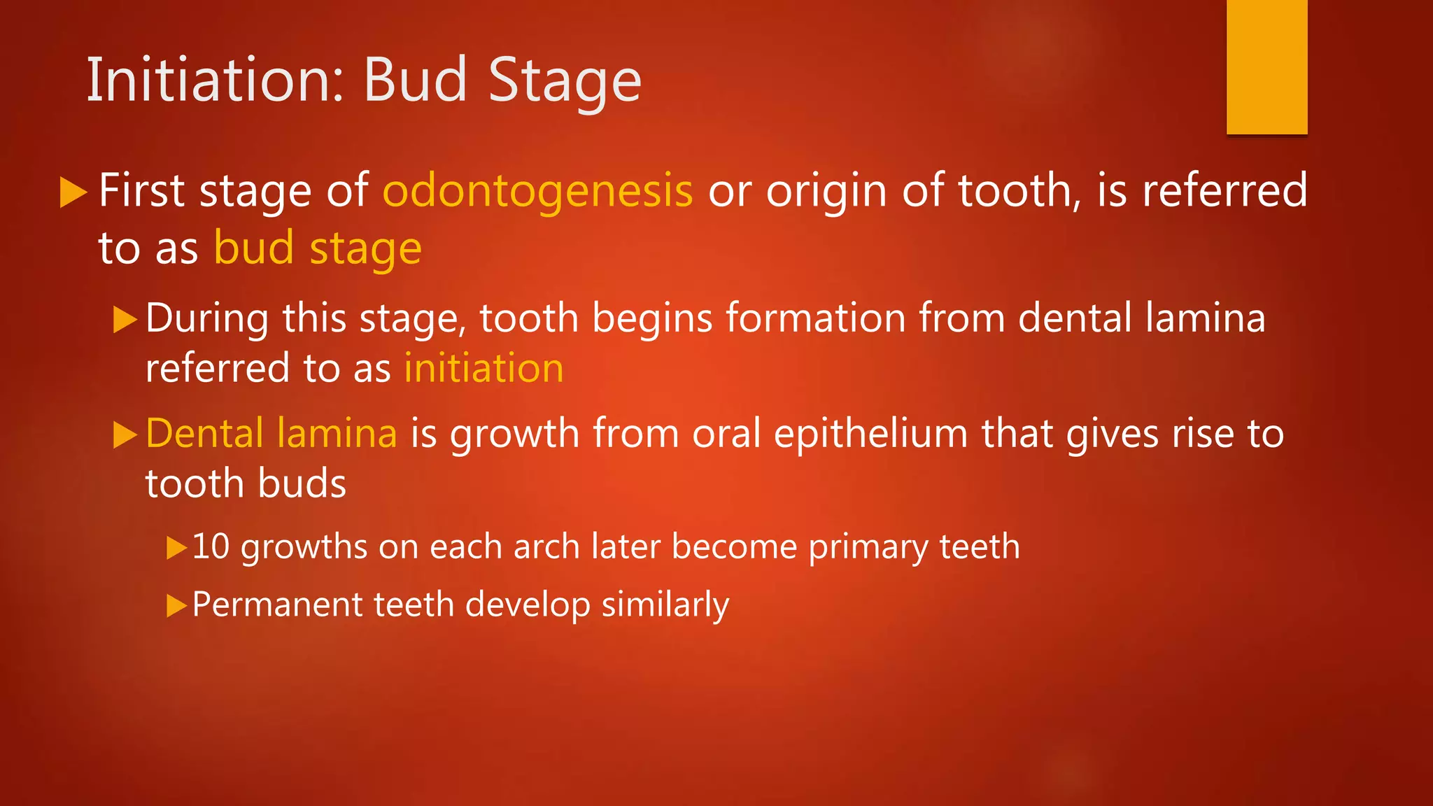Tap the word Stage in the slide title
[564, 82]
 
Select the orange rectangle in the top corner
[1266, 67]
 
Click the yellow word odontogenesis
[537, 190]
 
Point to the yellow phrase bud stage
[318, 248]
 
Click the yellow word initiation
[483, 368]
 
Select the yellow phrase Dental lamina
[271, 433]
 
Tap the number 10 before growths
[211, 546]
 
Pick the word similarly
[665, 605]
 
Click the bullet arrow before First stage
[73, 192]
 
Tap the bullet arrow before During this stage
[125, 319]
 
